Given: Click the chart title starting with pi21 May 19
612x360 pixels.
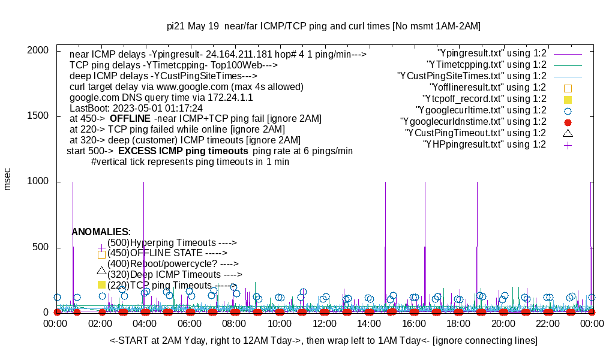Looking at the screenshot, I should [323, 26].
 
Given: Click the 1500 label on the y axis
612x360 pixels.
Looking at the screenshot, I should [40, 116].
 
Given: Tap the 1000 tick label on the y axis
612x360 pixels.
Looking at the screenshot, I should [40, 182].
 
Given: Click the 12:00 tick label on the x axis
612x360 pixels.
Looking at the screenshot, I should [325, 324].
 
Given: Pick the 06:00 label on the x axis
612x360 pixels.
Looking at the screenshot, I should [190, 324].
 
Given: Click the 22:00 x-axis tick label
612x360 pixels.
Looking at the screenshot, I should [548, 324].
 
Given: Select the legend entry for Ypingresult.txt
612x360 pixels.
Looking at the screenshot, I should [492, 53].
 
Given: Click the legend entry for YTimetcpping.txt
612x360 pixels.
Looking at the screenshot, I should [486, 65].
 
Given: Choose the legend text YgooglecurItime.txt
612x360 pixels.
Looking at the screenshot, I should [481, 110].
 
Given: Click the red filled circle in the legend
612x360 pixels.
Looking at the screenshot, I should [568, 122].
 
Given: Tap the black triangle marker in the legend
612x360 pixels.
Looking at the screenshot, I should [568, 133].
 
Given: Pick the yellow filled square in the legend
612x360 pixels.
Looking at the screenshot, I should [568, 99].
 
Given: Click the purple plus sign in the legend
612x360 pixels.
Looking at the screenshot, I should [568, 145].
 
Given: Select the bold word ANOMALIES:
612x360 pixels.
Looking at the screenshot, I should [101, 232].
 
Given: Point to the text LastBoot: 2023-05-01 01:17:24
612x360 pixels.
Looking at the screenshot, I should [136, 108].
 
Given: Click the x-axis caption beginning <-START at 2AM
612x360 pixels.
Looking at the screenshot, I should [323, 341].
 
